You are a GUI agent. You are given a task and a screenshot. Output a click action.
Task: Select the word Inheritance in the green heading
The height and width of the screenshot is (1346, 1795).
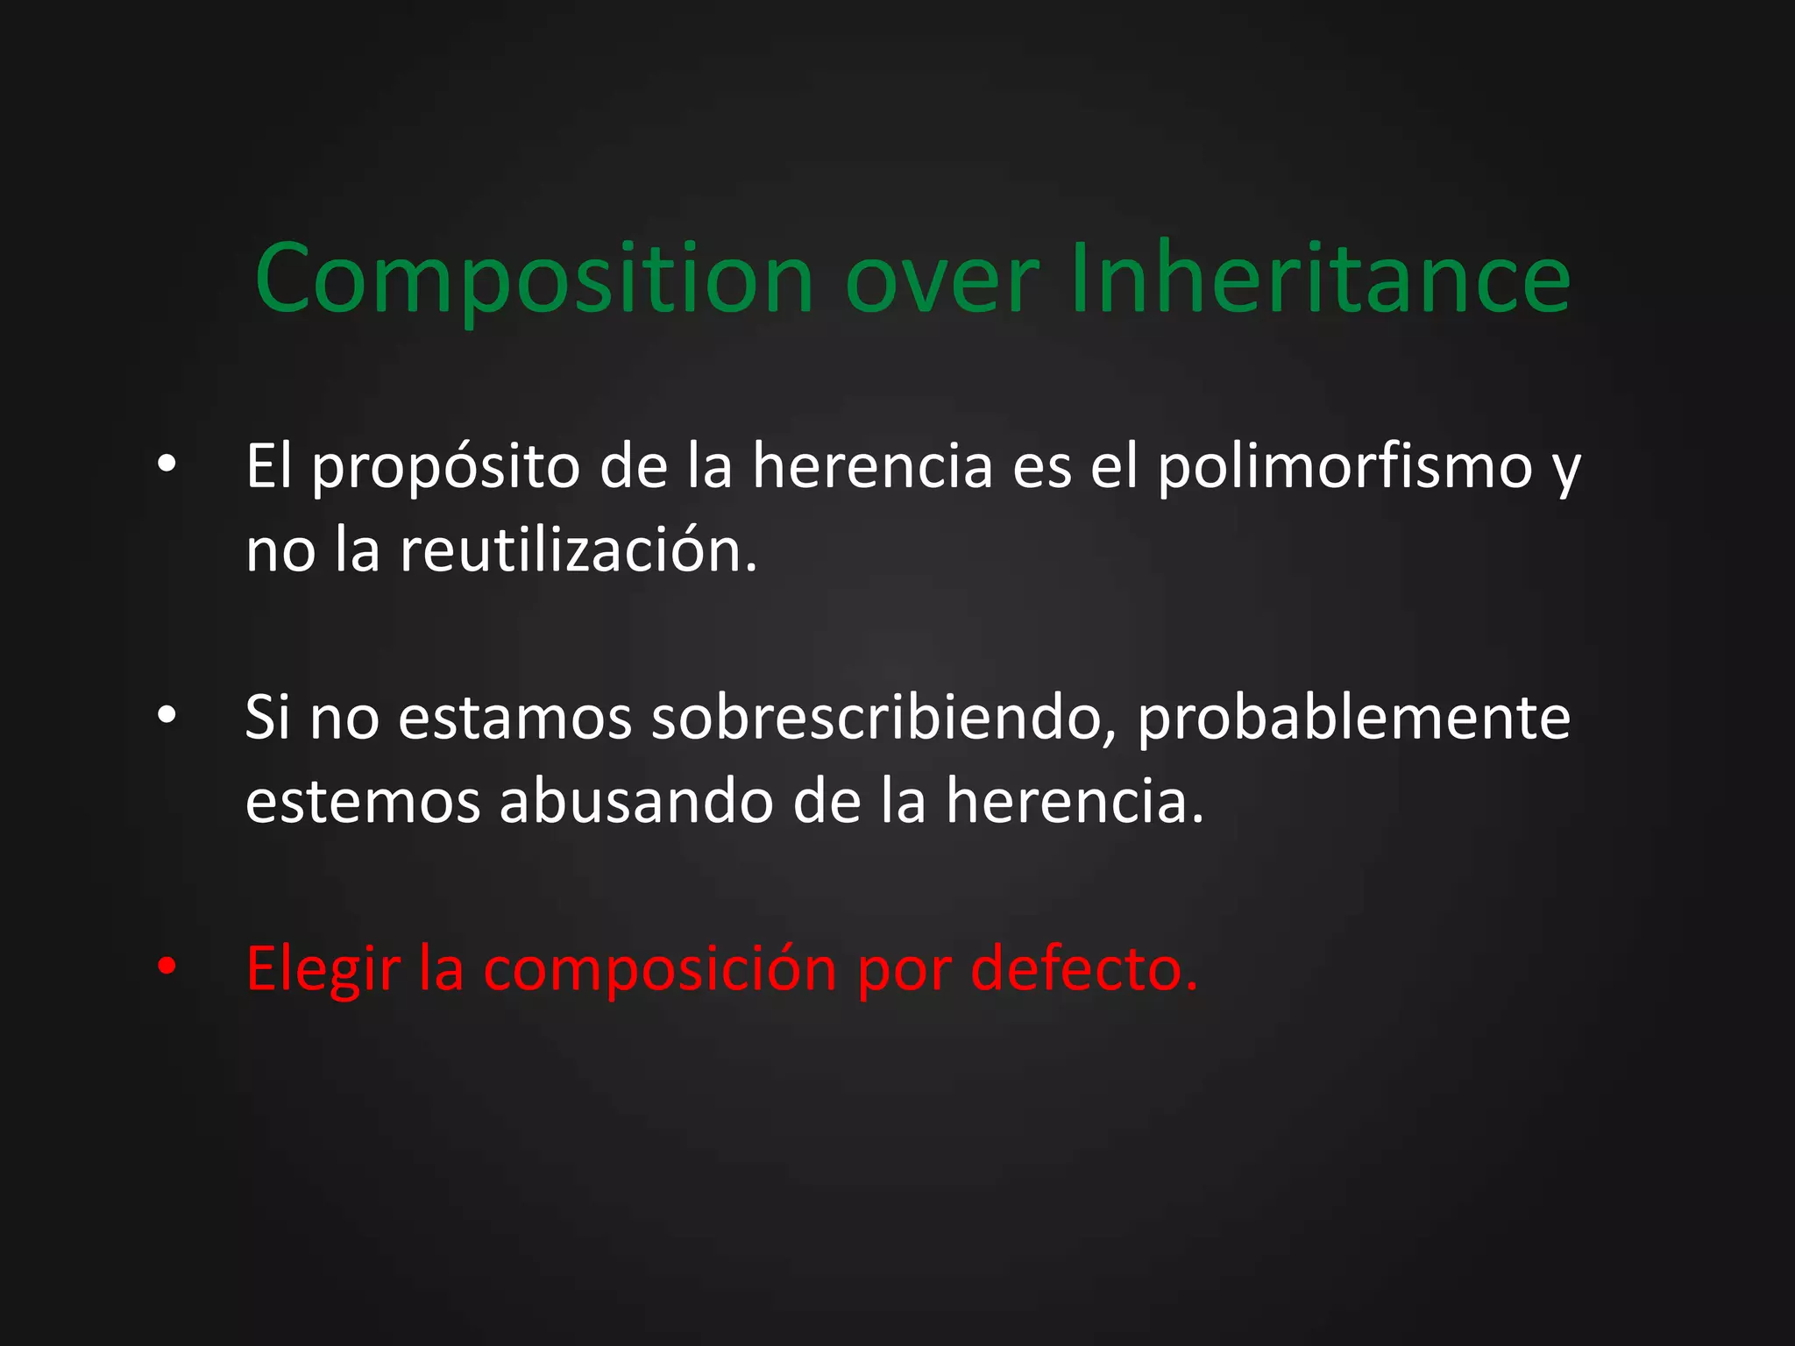point(1320,279)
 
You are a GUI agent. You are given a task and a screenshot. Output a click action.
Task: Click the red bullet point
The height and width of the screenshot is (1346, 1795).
point(167,967)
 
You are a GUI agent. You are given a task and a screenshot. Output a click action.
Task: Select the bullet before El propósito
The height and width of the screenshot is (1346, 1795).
point(167,464)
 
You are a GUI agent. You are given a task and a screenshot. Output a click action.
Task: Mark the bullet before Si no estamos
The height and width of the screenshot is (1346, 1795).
point(167,715)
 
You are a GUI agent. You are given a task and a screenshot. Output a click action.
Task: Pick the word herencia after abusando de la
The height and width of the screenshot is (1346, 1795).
point(1074,802)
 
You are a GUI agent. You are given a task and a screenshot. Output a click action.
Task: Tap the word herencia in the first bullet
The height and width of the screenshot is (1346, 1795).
point(872,466)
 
